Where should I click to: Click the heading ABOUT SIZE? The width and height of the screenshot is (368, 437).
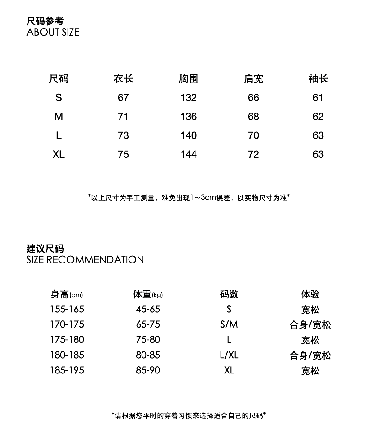pyautogui.click(x=53, y=32)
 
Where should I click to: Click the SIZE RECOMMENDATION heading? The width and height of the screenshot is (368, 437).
pyautogui.click(x=85, y=260)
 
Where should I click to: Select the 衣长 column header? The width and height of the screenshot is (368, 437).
pyautogui.click(x=123, y=79)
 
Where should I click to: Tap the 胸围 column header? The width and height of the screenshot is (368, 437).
pyautogui.click(x=188, y=79)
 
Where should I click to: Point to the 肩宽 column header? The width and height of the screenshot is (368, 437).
pyautogui.click(x=253, y=79)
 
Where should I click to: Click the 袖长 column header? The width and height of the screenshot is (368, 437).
pyautogui.click(x=318, y=79)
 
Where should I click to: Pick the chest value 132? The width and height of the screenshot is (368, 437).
pyautogui.click(x=188, y=98)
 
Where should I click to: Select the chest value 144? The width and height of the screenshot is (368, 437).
pyautogui.click(x=188, y=154)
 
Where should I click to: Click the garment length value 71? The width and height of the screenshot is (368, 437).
pyautogui.click(x=123, y=117)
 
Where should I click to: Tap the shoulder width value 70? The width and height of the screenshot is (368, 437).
pyautogui.click(x=253, y=135)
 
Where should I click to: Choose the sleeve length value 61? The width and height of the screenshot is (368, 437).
pyautogui.click(x=318, y=98)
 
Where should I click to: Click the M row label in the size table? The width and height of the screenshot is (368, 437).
pyautogui.click(x=59, y=117)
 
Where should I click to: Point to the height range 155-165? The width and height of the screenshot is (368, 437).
pyautogui.click(x=67, y=309)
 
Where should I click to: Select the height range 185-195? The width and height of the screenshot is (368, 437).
pyautogui.click(x=67, y=370)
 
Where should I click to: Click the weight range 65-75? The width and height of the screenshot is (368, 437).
pyautogui.click(x=148, y=324)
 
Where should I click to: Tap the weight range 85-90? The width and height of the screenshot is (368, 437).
pyautogui.click(x=148, y=370)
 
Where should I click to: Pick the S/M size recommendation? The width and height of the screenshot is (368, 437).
pyautogui.click(x=229, y=324)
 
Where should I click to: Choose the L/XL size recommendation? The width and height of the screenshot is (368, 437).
pyautogui.click(x=229, y=355)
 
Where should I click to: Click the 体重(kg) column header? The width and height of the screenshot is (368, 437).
pyautogui.click(x=148, y=294)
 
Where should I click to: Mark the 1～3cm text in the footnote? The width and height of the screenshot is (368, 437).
pyautogui.click(x=203, y=197)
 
